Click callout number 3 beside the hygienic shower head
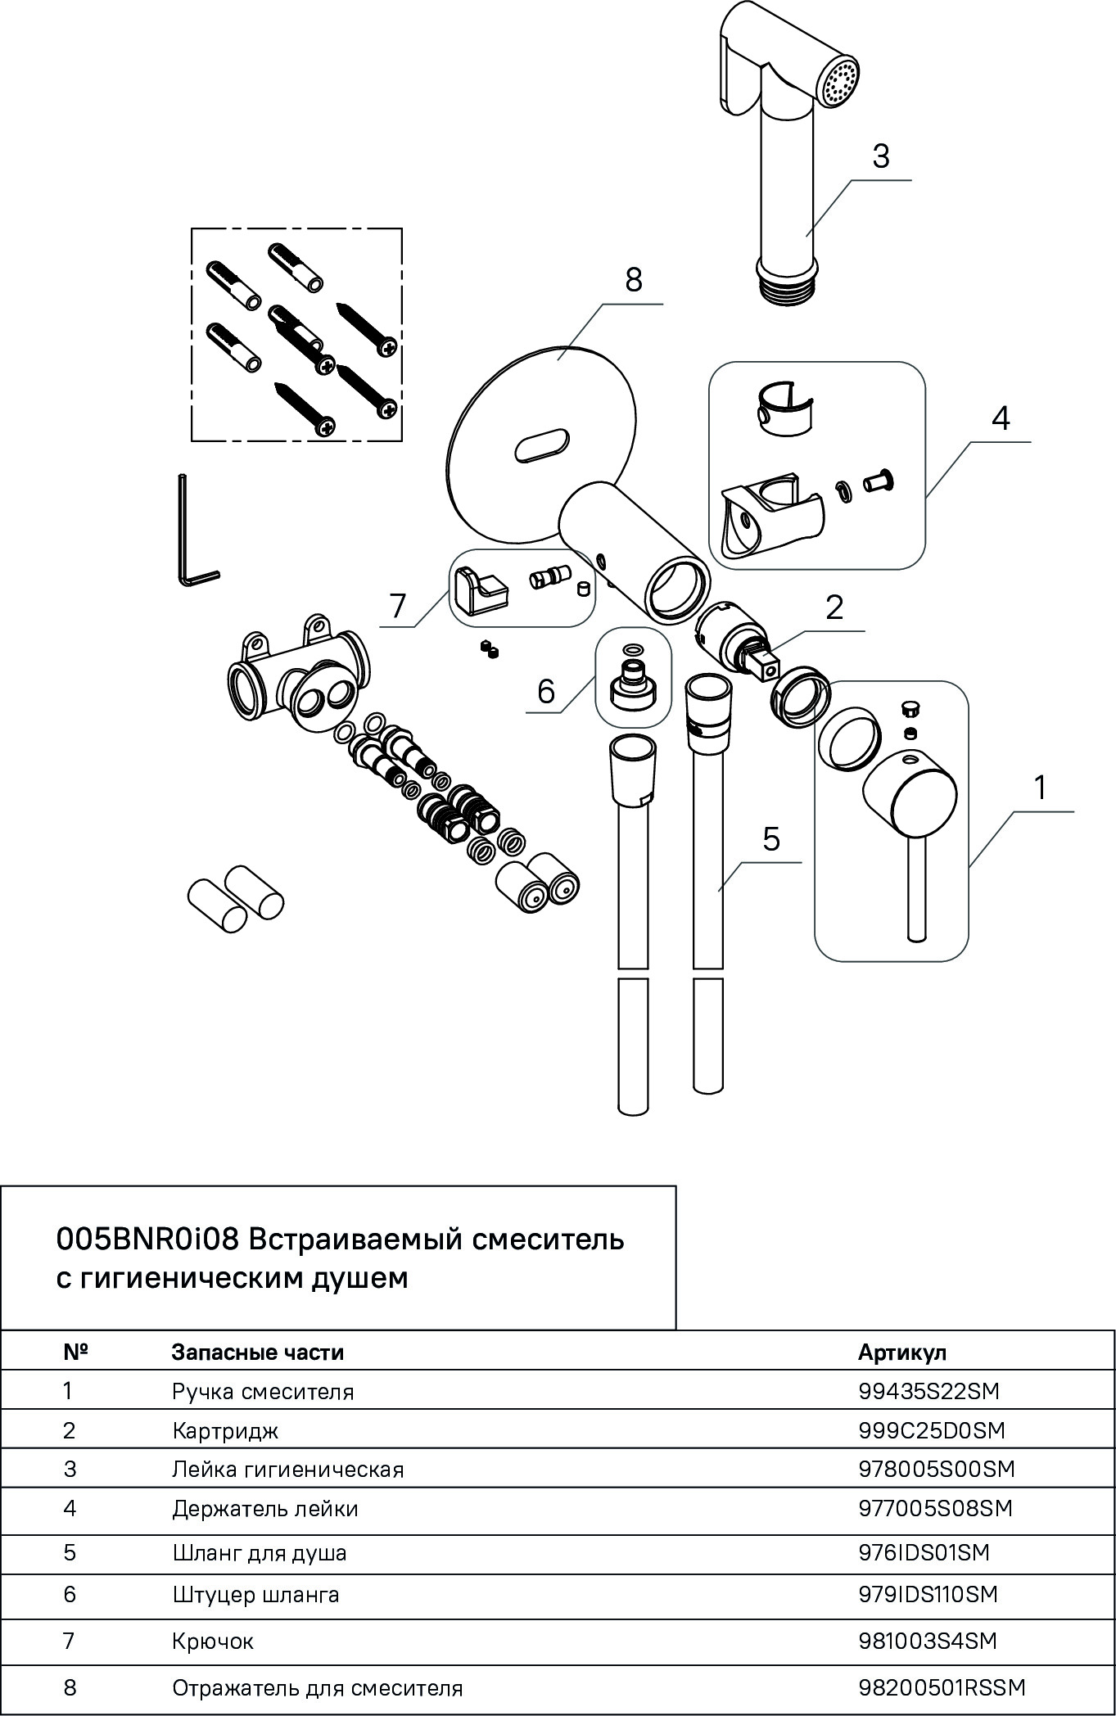[880, 156]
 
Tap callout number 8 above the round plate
[633, 281]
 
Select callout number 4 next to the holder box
[1000, 418]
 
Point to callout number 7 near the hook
[397, 607]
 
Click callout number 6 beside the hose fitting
[545, 692]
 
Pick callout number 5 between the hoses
[770, 839]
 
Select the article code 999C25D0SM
[931, 1429]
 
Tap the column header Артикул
[901, 1352]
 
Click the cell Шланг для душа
[259, 1552]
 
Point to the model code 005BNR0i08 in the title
[147, 1240]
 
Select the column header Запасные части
[257, 1352]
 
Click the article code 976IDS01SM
[924, 1552]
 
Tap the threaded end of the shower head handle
[785, 291]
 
